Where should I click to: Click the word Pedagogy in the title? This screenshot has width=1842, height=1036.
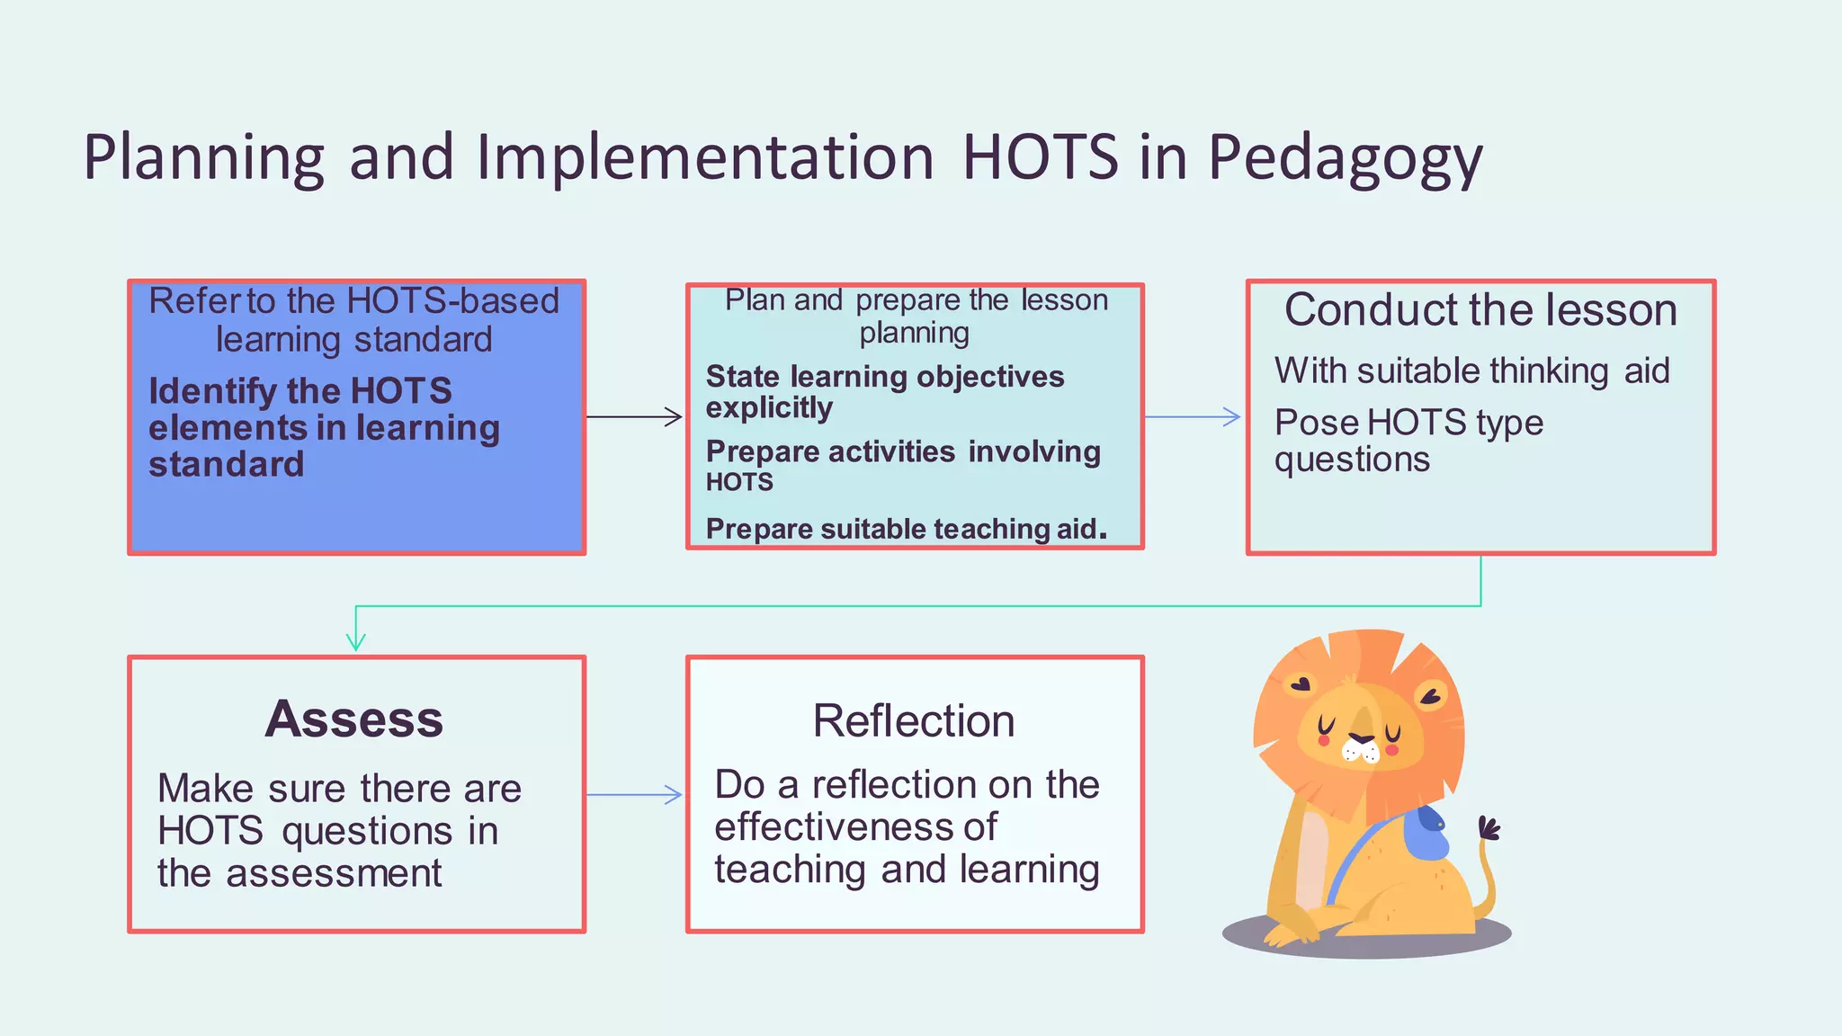(1344, 158)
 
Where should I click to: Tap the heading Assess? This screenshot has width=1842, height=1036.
(354, 719)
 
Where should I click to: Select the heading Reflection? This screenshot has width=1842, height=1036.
(914, 721)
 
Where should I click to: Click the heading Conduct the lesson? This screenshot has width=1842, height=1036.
(1480, 310)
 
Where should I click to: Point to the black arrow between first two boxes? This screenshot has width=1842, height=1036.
(633, 416)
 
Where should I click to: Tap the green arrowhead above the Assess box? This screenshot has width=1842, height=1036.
(356, 641)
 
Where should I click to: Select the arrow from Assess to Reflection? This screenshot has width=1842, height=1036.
(633, 795)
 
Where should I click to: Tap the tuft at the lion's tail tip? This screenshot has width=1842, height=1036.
(1489, 827)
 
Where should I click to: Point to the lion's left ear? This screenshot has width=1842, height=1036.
(1300, 683)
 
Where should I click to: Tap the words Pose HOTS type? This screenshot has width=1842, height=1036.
(1408, 423)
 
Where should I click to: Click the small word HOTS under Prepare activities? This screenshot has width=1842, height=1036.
(739, 483)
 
